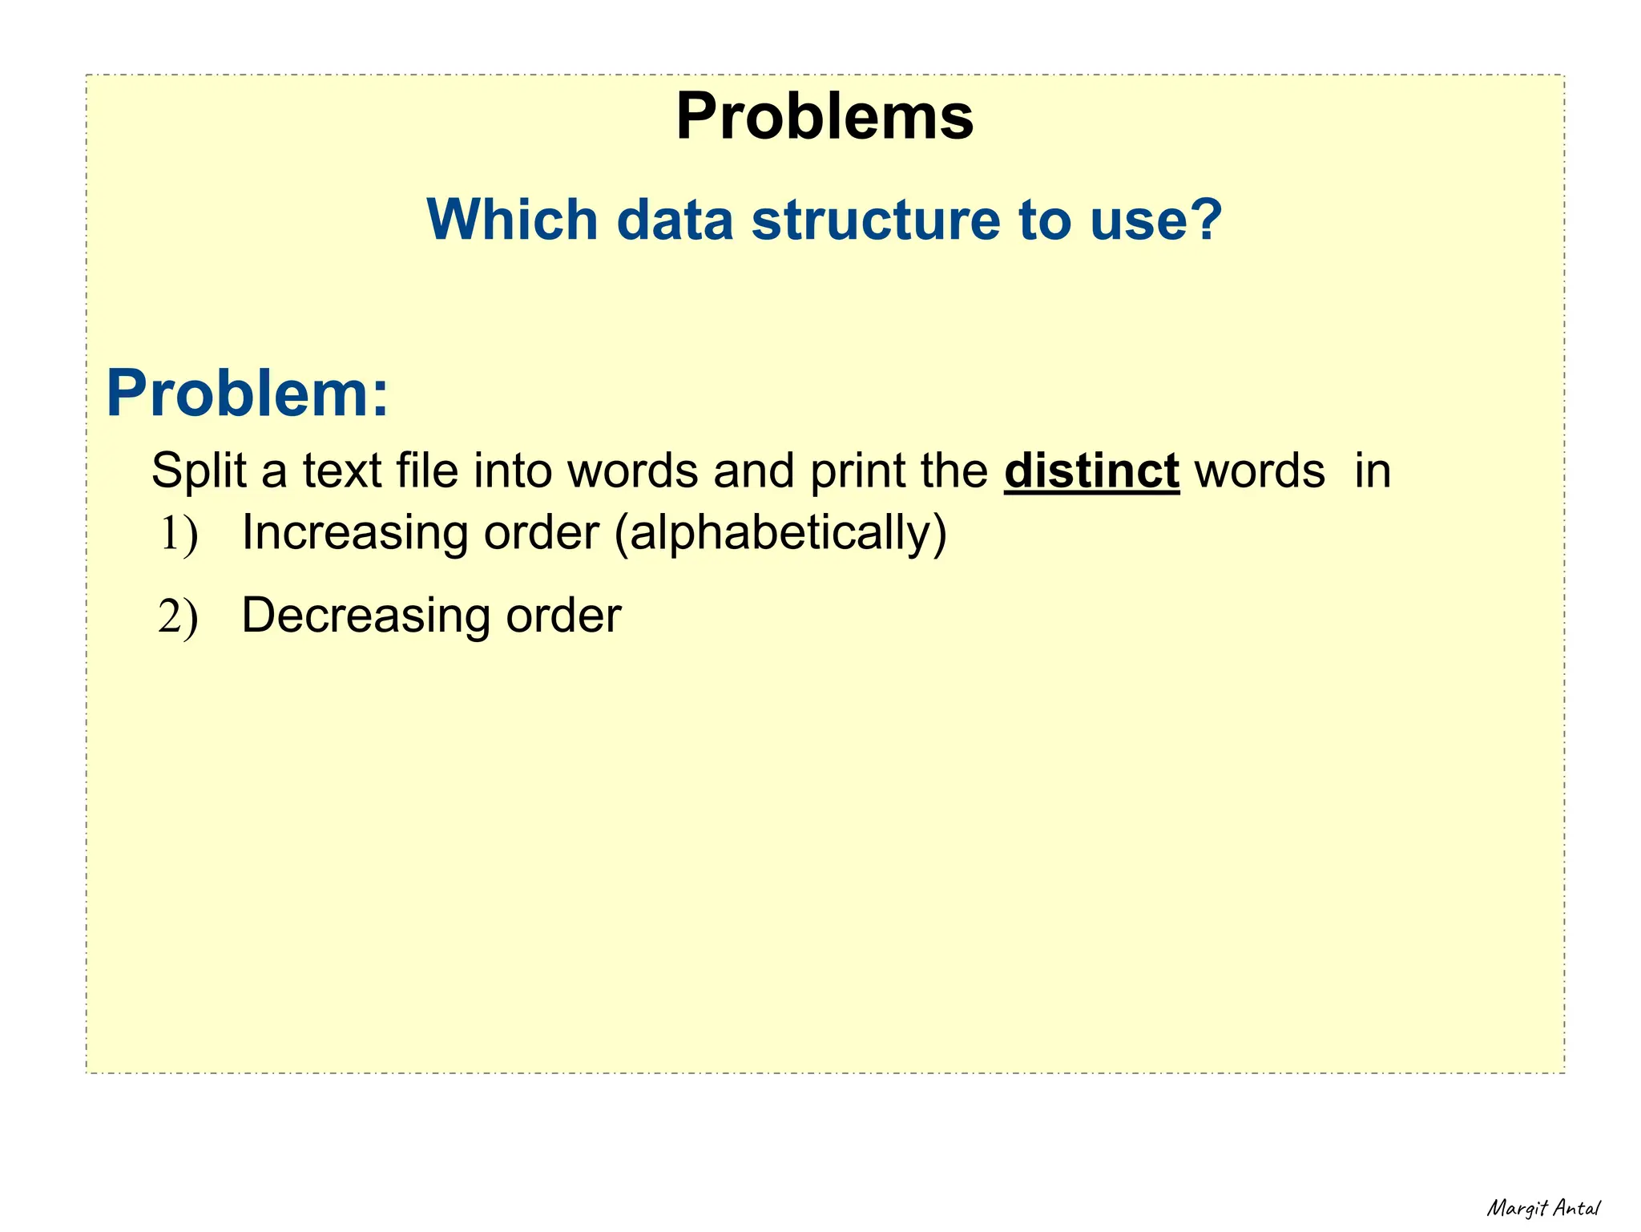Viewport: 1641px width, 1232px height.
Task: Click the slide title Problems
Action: [x=825, y=117]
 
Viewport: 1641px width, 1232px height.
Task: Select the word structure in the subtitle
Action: [x=876, y=220]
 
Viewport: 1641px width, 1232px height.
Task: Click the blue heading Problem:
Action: [x=248, y=394]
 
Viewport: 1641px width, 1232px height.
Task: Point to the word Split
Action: [x=198, y=471]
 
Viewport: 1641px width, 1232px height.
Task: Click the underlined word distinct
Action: [x=1091, y=471]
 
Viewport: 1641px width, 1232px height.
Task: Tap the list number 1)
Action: [x=178, y=535]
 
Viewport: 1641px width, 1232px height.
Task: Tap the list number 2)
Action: [x=178, y=617]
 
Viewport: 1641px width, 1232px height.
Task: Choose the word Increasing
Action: [x=353, y=533]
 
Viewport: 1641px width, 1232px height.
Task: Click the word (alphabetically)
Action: [x=780, y=533]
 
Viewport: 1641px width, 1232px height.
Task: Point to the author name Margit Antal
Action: [x=1543, y=1208]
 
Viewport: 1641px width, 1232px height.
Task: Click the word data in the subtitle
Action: [x=675, y=220]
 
